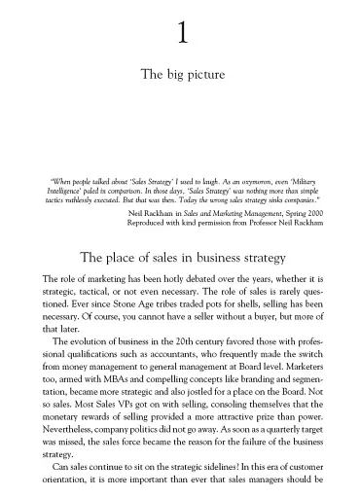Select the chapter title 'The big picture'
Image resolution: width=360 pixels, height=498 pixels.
click(180, 73)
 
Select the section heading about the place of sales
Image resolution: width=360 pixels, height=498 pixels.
click(180, 258)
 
